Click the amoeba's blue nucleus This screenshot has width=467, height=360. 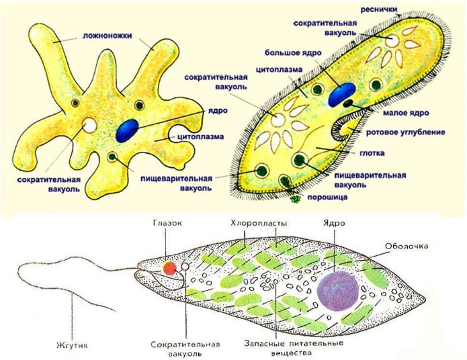(x=127, y=130)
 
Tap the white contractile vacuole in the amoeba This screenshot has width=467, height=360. (x=89, y=126)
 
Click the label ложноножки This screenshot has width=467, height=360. (x=108, y=36)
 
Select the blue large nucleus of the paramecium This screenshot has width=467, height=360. (x=342, y=95)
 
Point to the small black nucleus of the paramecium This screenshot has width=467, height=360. (x=347, y=103)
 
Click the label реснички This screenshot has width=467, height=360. (x=379, y=10)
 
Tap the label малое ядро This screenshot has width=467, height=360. (x=406, y=113)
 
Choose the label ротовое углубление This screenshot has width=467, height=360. (x=405, y=132)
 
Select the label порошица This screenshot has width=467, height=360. (x=327, y=197)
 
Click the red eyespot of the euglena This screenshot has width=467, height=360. (x=169, y=268)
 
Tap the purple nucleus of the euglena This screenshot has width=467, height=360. (x=338, y=291)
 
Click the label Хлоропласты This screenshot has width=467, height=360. (x=259, y=223)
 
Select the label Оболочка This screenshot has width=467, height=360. (x=407, y=246)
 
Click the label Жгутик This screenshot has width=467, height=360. (x=72, y=345)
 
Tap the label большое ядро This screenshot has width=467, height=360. (x=294, y=53)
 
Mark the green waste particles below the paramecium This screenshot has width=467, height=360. (x=295, y=199)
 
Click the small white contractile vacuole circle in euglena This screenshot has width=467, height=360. (x=185, y=267)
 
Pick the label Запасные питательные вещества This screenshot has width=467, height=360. (x=294, y=348)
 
